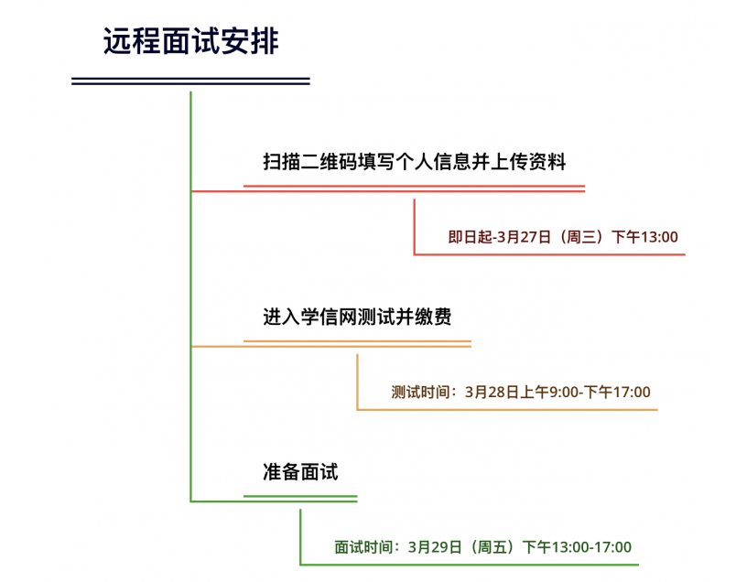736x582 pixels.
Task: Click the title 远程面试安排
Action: (191, 41)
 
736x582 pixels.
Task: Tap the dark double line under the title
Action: (190, 81)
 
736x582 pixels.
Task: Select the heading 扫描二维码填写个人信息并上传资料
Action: (415, 161)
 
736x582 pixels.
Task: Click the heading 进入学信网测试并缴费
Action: (357, 317)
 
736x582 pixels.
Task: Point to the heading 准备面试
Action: (300, 471)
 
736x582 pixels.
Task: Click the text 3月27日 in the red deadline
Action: (524, 237)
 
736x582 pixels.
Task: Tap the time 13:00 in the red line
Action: (660, 237)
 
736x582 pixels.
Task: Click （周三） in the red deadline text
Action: (581, 237)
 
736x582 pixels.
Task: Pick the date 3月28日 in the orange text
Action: (492, 392)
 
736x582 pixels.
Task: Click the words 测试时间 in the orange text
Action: (420, 392)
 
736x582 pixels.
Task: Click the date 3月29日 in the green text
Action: (435, 547)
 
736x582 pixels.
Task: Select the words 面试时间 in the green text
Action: (363, 547)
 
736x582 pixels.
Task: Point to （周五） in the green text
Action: (492, 547)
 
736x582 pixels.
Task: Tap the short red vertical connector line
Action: (414, 227)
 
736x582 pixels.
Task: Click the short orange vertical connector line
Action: (357, 383)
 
